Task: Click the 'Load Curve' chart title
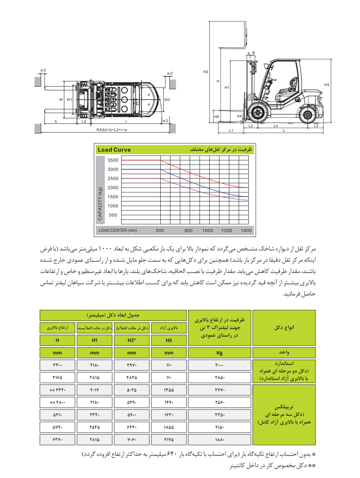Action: [114, 150]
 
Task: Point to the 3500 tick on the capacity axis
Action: [113, 161]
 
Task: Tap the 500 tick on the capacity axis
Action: [113, 215]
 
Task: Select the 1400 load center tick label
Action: [246, 231]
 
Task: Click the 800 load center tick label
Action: [189, 231]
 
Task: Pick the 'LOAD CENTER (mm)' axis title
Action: [118, 231]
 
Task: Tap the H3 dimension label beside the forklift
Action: [327, 85]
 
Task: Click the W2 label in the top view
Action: [167, 100]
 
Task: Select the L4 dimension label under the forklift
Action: [276, 126]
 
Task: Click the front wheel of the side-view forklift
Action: [256, 113]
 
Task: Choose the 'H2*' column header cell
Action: [132, 341]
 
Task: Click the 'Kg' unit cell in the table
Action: [219, 353]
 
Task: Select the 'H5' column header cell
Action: [169, 341]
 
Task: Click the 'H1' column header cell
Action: [94, 341]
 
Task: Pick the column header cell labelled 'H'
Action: [57, 341]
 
